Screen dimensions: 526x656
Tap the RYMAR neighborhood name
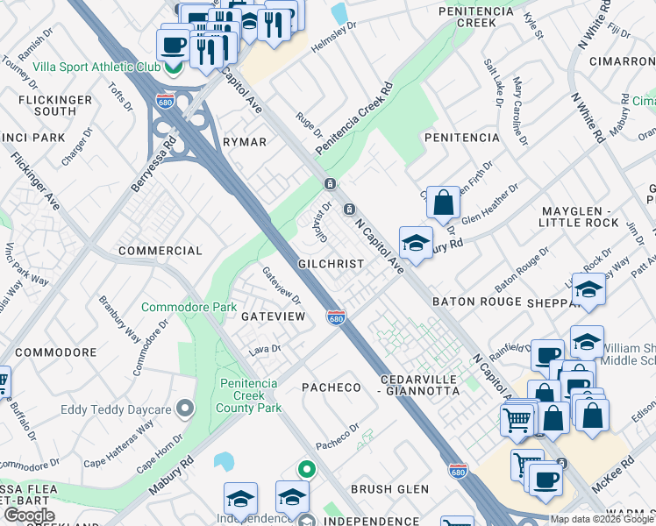point(244,142)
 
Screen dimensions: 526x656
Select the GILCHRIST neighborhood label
point(331,263)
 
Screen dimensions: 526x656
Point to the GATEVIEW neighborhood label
point(273,316)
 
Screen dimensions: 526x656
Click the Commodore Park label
point(189,308)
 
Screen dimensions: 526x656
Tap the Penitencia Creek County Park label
point(250,395)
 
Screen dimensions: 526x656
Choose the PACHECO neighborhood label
point(332,387)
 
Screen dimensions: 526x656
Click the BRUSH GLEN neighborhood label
point(389,489)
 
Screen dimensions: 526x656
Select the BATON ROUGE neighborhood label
point(477,301)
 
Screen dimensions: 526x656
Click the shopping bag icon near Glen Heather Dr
point(444,203)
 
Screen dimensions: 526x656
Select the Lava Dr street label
point(263,349)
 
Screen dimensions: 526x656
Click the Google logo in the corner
point(28,515)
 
